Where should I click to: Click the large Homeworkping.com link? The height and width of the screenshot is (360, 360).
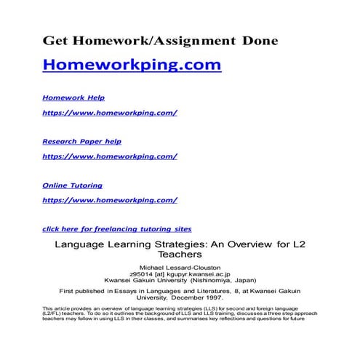(x=131, y=65)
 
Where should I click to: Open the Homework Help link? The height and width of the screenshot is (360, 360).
(x=73, y=97)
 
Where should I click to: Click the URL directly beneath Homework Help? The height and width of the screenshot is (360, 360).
(x=110, y=113)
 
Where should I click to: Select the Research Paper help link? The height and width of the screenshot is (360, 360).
(x=81, y=141)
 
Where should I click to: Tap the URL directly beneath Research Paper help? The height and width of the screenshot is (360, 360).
(x=110, y=156)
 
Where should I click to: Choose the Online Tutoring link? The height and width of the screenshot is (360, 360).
(x=73, y=185)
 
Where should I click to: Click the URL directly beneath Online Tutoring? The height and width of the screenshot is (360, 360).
(x=110, y=199)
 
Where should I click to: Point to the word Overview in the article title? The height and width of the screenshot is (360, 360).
(x=231, y=245)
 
